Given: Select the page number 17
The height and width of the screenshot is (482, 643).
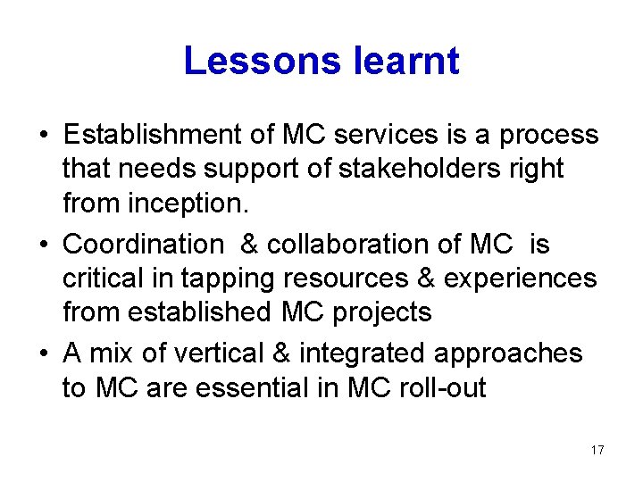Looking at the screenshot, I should (x=597, y=450).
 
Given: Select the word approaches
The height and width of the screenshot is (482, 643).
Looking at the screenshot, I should (x=509, y=353).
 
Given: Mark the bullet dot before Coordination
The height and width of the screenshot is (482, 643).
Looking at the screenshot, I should (x=43, y=245).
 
